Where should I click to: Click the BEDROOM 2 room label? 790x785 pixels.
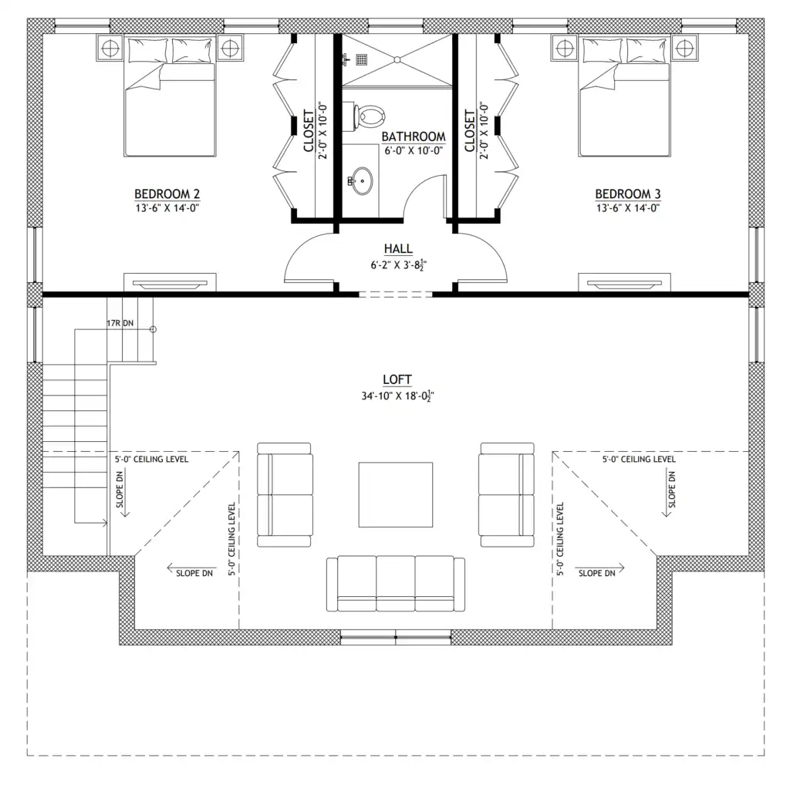(x=167, y=194)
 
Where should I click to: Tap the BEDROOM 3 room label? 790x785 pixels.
(x=628, y=194)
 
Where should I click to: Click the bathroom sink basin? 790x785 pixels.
(x=363, y=180)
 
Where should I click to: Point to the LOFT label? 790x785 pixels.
(x=397, y=379)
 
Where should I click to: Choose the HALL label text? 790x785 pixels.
(x=398, y=249)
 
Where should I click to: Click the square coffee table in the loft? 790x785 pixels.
(x=396, y=494)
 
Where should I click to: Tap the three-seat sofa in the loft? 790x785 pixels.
(x=396, y=584)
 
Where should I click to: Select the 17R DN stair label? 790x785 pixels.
(x=120, y=323)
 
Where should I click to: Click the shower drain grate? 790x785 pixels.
(x=361, y=59)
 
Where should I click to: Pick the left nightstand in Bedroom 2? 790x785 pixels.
(x=110, y=48)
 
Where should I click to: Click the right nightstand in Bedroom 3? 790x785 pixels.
(x=685, y=48)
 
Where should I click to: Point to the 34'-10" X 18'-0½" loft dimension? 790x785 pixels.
(x=397, y=396)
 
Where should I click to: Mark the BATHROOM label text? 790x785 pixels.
(x=414, y=136)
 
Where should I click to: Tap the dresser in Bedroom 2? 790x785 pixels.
(x=170, y=282)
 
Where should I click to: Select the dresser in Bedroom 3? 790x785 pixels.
(x=624, y=282)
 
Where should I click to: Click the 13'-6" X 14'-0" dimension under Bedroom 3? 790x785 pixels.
(x=628, y=208)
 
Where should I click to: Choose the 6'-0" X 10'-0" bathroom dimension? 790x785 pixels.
(x=414, y=150)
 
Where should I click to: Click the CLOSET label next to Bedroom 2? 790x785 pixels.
(x=309, y=130)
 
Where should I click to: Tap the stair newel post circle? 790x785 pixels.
(x=154, y=329)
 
